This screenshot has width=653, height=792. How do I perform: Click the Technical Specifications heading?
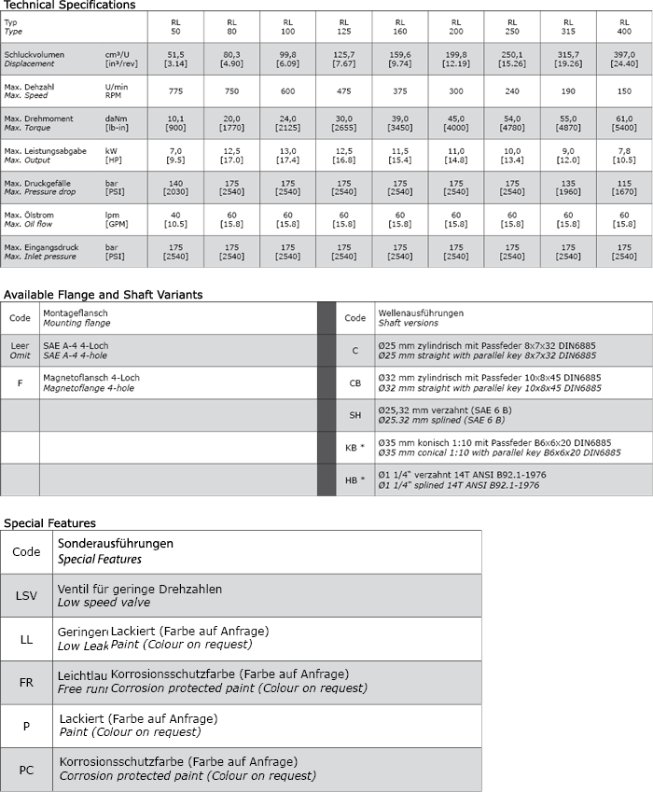(69, 6)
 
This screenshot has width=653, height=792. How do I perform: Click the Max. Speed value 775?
(176, 91)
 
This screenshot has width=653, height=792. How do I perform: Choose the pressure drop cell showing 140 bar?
(176, 187)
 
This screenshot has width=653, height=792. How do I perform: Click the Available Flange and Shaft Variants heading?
(103, 295)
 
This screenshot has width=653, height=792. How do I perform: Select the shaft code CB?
(354, 382)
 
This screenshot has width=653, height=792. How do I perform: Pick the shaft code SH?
(354, 415)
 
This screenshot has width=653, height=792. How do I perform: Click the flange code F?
(20, 382)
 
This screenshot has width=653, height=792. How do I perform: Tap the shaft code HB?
(354, 479)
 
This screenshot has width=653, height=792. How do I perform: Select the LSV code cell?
(26, 595)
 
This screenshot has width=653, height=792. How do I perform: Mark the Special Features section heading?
(49, 523)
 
